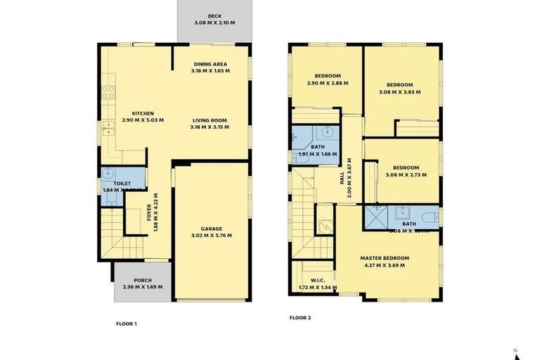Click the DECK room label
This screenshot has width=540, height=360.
[x=214, y=15]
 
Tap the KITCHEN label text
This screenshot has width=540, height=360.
[x=143, y=113]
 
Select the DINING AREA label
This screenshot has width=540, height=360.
[x=210, y=64]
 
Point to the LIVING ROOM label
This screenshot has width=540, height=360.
[x=210, y=120]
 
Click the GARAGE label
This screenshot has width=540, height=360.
[x=211, y=229]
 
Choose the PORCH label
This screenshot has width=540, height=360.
[x=143, y=280]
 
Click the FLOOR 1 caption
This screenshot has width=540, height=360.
[x=126, y=324]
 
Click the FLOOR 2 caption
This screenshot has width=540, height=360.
[x=300, y=318]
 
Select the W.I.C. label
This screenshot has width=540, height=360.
[x=318, y=280]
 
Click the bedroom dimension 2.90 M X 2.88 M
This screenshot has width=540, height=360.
[x=328, y=84]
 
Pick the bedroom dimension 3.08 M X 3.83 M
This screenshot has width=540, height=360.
[x=399, y=91]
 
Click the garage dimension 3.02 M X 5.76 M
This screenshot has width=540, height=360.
[x=211, y=236]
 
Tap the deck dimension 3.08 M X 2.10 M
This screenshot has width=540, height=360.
[x=214, y=22]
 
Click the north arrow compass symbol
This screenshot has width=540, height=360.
[x=516, y=354]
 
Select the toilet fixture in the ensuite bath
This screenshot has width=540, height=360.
[x=427, y=215]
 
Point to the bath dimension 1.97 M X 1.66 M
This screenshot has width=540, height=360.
[x=318, y=154]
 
